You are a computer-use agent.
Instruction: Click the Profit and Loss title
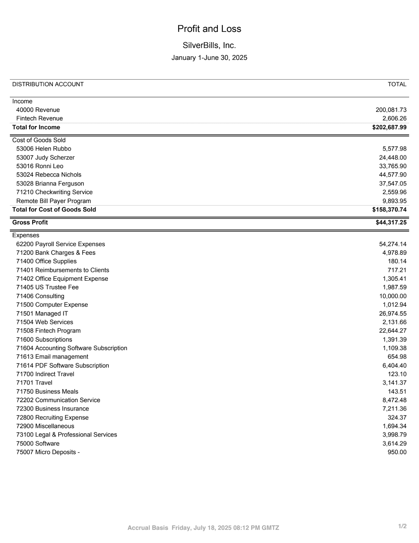pyautogui.click(x=209, y=29)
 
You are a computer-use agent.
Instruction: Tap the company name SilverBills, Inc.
pyautogui.click(x=209, y=45)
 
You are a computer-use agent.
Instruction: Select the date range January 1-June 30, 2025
pyautogui.click(x=209, y=58)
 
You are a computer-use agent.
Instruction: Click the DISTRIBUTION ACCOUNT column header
pyautogui.click(x=48, y=84)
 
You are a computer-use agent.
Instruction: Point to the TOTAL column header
pyautogui.click(x=397, y=84)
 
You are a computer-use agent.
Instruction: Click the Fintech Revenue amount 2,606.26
pyautogui.click(x=394, y=119)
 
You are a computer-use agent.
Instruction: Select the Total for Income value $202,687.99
pyautogui.click(x=389, y=127)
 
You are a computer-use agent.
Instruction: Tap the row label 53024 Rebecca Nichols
pyautogui.click(x=49, y=175)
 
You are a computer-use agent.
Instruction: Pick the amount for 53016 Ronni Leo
pyautogui.click(x=392, y=166)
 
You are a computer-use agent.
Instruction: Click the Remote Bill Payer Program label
pyautogui.click(x=54, y=201)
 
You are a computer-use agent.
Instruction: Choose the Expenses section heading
pyautogui.click(x=26, y=235)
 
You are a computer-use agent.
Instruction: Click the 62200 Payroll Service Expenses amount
pyautogui.click(x=392, y=244)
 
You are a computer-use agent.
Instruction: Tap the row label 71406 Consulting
pyautogui.click(x=40, y=296)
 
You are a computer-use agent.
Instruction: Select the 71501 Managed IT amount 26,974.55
pyautogui.click(x=392, y=313)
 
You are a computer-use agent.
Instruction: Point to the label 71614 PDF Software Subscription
pyautogui.click(x=63, y=366)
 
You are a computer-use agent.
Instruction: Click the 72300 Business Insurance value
pyautogui.click(x=394, y=408)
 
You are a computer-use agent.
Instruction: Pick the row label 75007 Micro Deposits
pyautogui.click(x=48, y=452)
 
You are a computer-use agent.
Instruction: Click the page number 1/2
pyautogui.click(x=402, y=526)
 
